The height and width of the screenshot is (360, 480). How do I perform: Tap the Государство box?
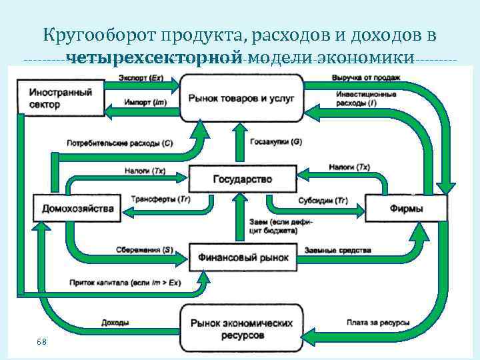click(x=242, y=179)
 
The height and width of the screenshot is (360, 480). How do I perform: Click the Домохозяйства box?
click(x=78, y=208)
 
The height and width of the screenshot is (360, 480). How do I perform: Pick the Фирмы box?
click(x=406, y=208)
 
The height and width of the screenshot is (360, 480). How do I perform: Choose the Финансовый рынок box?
click(x=242, y=257)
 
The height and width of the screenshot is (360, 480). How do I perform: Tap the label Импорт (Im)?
click(x=145, y=102)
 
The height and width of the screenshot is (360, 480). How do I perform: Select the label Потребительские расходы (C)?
click(x=120, y=143)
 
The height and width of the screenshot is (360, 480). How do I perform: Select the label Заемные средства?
click(x=338, y=249)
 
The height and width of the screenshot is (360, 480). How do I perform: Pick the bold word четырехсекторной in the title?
click(x=153, y=57)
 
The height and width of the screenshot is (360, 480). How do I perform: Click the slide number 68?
click(x=41, y=341)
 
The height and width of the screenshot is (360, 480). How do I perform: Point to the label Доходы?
click(x=115, y=323)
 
